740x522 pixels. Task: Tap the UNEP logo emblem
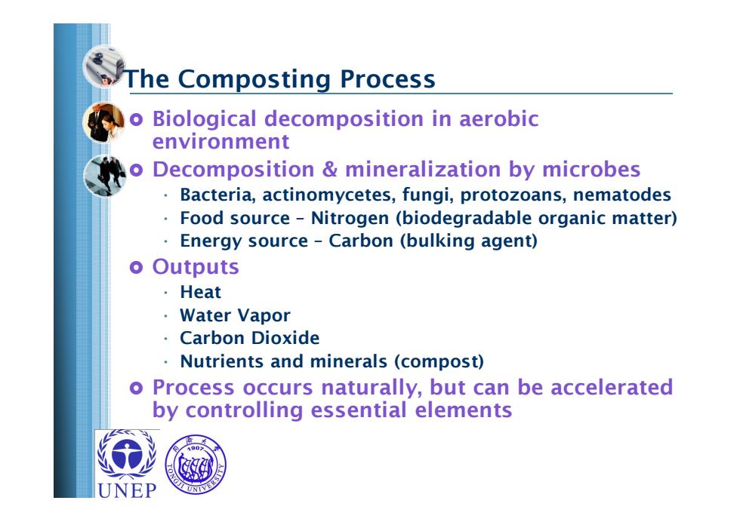127,454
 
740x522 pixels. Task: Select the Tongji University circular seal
196,464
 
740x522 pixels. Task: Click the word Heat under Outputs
201,293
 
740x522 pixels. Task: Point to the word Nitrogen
350,218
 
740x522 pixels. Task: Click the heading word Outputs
196,267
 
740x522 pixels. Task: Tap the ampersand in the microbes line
329,169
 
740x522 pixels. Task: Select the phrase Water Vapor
235,315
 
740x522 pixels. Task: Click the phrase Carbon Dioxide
250,338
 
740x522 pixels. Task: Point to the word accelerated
612,387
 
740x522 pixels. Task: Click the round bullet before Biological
136,120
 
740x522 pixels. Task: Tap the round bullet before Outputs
136,268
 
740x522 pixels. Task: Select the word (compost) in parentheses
439,361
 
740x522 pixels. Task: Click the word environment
220,142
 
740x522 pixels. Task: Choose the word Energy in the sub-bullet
211,241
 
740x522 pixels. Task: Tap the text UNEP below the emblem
127,490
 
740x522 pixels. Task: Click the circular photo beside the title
104,66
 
